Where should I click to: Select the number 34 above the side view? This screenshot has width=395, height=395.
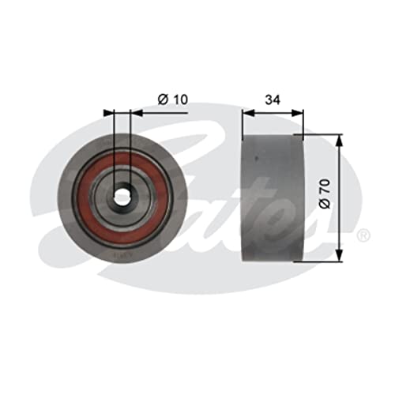click(273, 100)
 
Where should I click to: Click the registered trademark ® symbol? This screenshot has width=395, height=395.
click(362, 235)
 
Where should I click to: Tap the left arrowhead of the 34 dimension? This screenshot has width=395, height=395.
click(246, 113)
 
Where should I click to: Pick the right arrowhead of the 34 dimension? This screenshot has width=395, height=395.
click(300, 113)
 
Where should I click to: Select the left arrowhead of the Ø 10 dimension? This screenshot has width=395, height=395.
click(111, 113)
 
